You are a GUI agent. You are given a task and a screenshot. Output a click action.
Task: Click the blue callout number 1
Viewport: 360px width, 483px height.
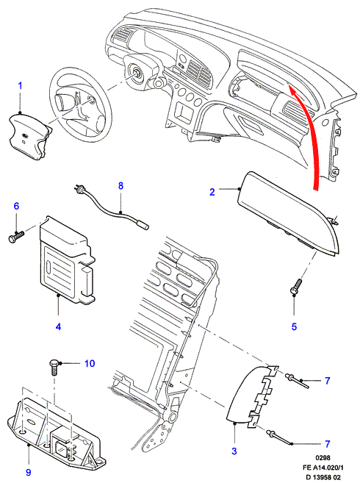click(x=21, y=85)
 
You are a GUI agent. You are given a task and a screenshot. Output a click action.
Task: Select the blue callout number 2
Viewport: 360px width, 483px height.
click(x=212, y=192)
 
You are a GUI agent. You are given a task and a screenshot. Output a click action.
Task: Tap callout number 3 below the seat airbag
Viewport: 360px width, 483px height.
click(x=234, y=451)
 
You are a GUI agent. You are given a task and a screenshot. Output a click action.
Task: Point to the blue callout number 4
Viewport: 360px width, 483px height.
click(x=58, y=326)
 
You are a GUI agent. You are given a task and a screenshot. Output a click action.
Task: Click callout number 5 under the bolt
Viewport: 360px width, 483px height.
click(x=294, y=326)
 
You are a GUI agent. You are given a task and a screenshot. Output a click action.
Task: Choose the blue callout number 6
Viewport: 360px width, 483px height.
click(x=16, y=206)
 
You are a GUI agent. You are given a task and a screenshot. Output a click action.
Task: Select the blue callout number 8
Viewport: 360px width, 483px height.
click(x=120, y=186)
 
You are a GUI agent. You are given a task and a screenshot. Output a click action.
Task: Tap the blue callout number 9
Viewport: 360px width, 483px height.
click(x=29, y=472)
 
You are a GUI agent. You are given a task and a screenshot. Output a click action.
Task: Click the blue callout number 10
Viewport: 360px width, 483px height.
click(x=90, y=363)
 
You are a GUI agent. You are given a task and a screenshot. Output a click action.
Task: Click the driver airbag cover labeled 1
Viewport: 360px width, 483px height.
click(x=29, y=137)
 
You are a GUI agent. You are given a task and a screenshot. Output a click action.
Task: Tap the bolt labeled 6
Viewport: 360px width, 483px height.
click(x=16, y=237)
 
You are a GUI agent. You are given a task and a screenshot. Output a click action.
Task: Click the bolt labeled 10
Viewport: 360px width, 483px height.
click(x=54, y=367)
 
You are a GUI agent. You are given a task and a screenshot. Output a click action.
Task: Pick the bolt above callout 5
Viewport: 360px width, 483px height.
click(x=295, y=287)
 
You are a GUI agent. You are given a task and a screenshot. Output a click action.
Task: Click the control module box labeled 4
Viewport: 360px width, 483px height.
click(x=67, y=260)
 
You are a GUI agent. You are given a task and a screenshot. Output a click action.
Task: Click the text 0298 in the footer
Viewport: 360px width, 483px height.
click(x=323, y=458)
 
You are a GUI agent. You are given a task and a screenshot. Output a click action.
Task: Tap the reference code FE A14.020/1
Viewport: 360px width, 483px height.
click(x=323, y=468)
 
